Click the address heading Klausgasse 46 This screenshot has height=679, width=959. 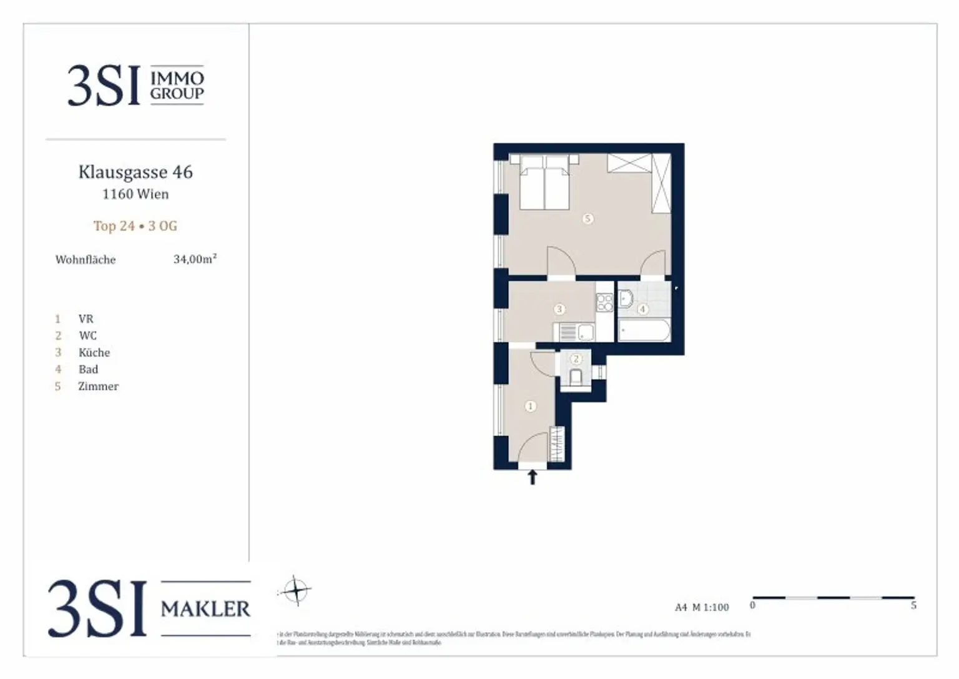coord(135,172)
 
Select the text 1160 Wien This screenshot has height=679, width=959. coord(135,194)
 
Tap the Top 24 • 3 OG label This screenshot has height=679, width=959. coord(135,226)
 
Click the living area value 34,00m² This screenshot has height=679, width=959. coord(195,259)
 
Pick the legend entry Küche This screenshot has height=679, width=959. coord(94,353)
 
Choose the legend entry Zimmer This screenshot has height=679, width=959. coord(98,387)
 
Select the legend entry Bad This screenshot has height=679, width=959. coord(88,370)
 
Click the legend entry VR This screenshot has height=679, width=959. coord(86,319)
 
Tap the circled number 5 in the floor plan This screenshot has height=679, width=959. coord(587,219)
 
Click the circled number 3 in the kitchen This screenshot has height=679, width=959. coord(559,309)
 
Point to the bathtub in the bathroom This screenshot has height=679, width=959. coord(644,330)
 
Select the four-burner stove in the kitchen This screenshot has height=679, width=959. coord(604,303)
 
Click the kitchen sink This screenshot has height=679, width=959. coord(585,332)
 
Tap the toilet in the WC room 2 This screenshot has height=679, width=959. coord(576,376)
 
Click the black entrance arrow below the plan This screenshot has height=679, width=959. coord(533,478)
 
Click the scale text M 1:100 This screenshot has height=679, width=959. coord(711,607)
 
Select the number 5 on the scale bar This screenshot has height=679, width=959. coord(913,606)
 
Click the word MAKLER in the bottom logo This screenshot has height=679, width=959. coord(205,608)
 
